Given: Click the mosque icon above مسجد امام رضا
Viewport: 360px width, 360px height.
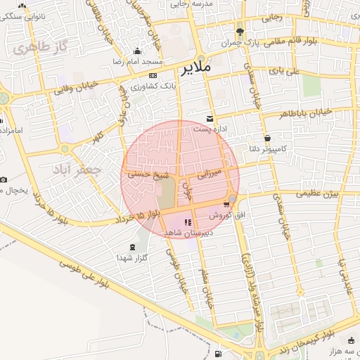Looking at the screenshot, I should [x=136, y=51].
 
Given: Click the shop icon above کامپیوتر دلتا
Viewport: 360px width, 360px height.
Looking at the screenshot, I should [x=267, y=138].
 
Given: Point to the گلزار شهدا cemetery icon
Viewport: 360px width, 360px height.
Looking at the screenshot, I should [x=133, y=247].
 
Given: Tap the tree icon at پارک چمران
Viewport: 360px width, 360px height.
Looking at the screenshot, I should [x=240, y=32].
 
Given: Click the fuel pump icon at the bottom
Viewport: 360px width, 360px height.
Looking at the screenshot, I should [x=218, y=354].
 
